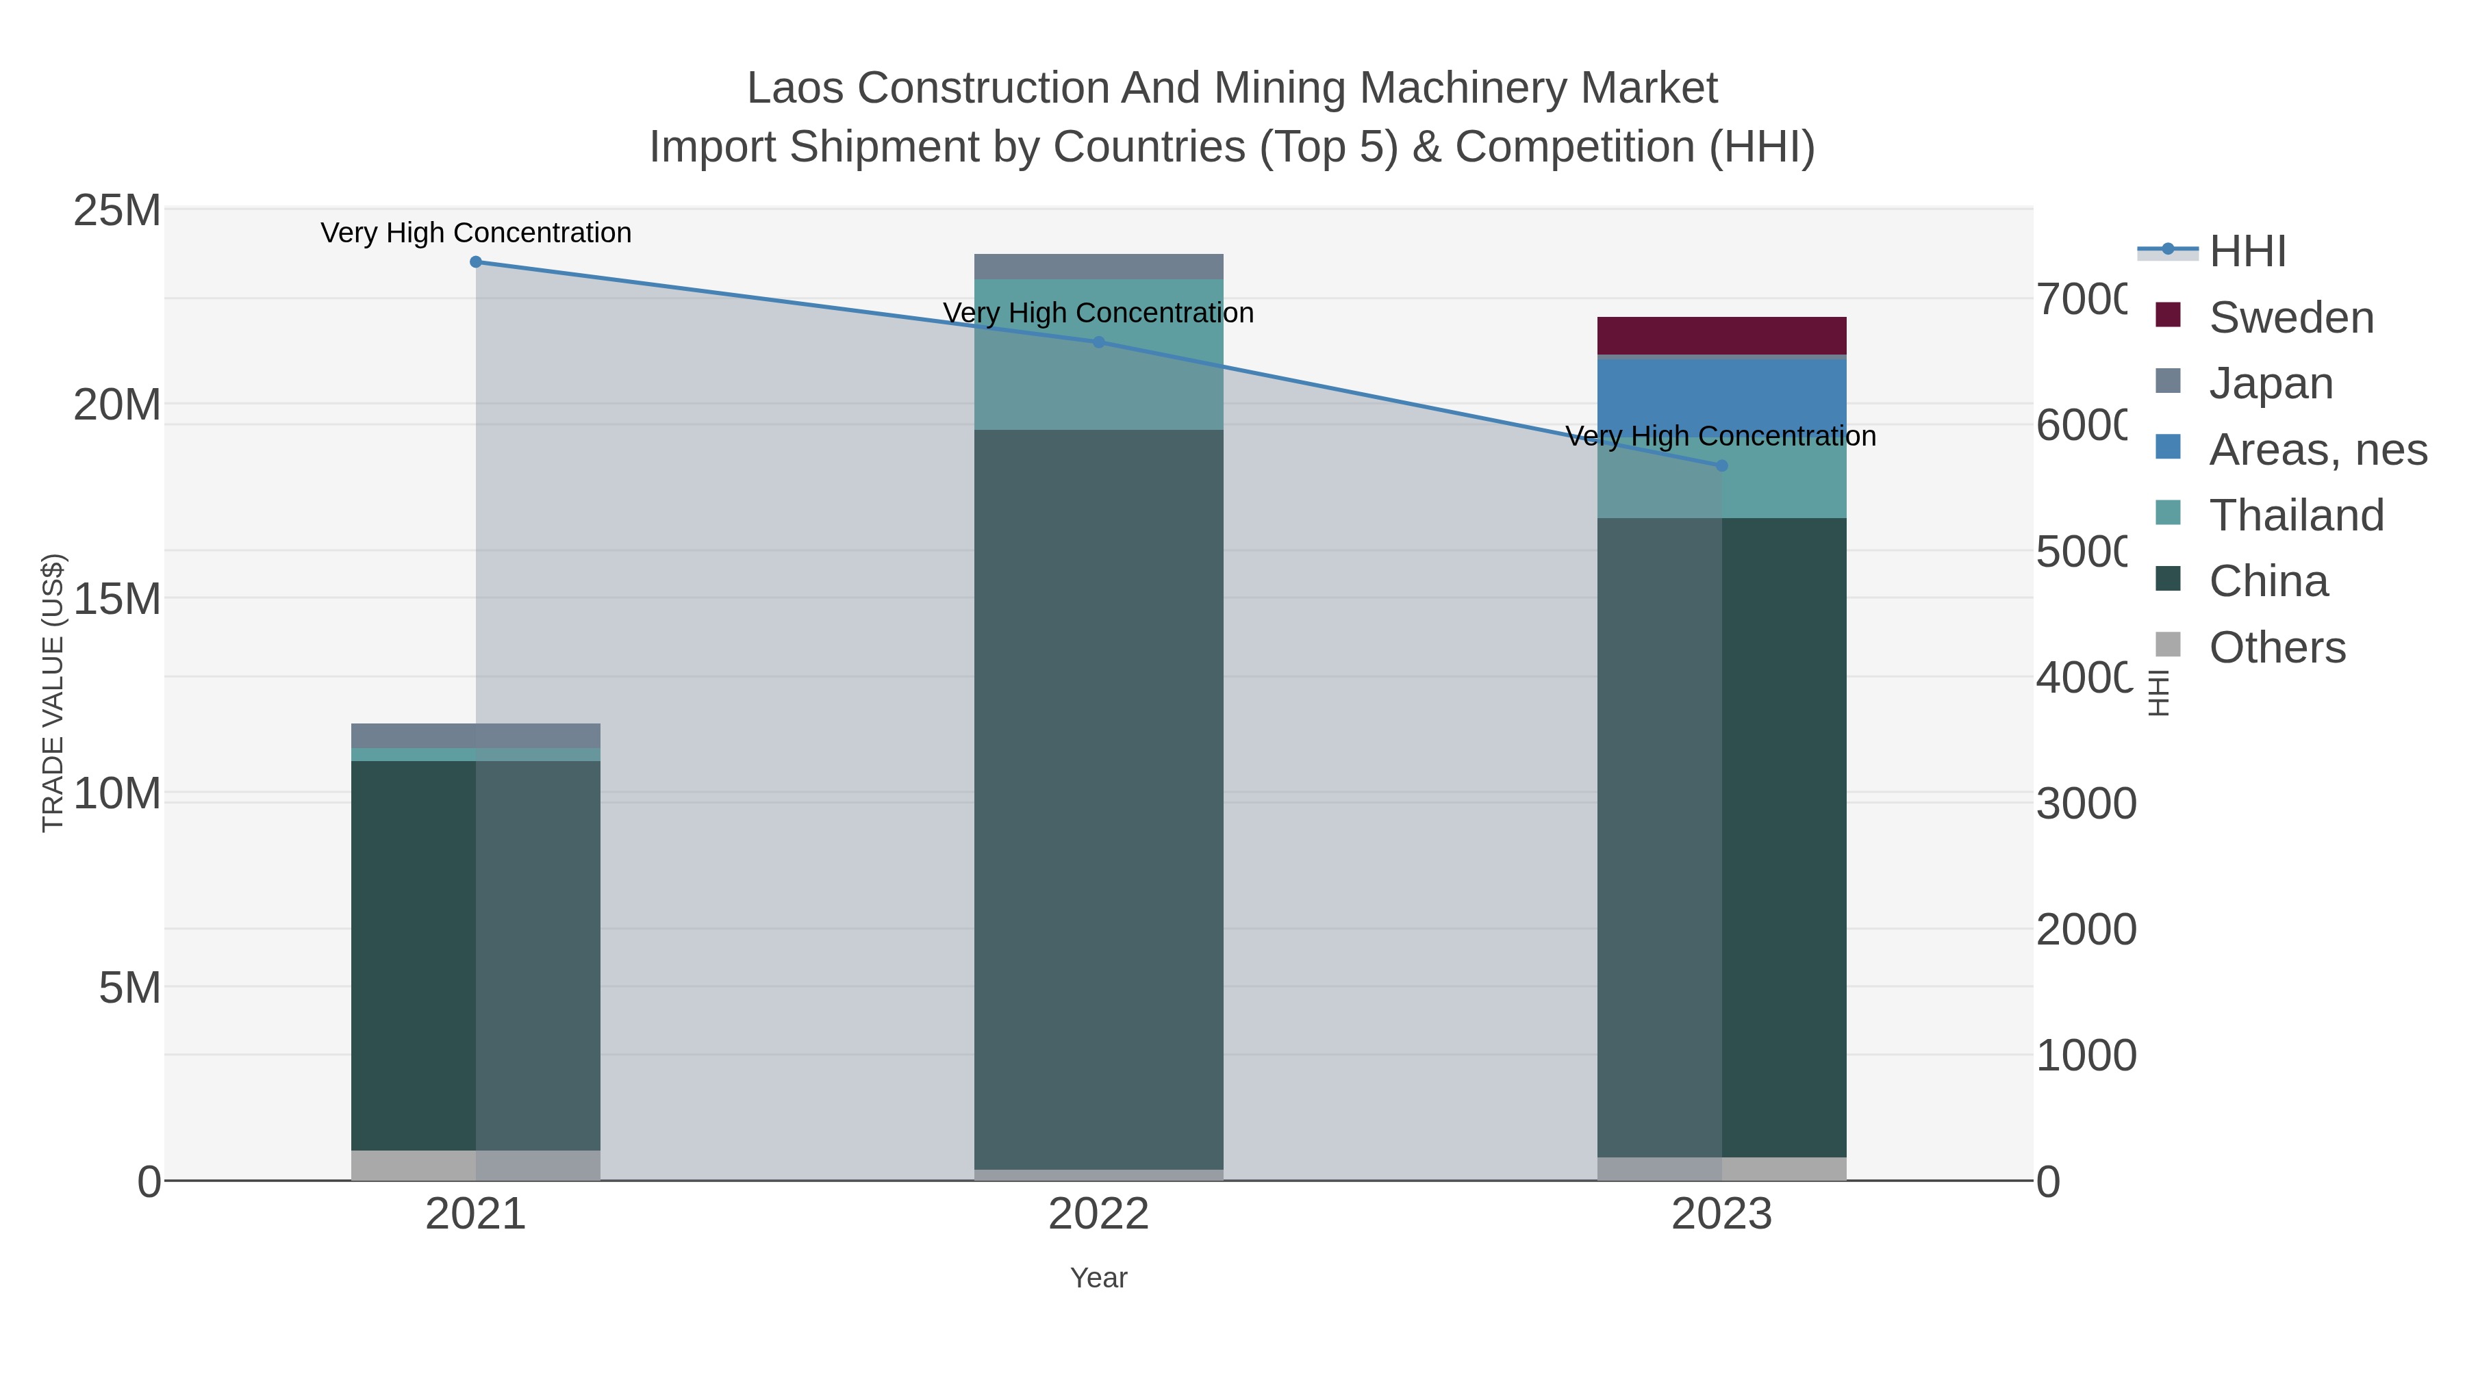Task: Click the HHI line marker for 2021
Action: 476,262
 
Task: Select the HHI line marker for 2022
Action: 1098,342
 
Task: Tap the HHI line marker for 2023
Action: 1721,466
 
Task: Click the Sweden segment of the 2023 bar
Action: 1721,336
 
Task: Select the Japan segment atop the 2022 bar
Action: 1098,267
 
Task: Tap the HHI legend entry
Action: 2246,252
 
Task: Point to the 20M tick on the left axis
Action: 116,406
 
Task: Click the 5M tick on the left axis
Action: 129,988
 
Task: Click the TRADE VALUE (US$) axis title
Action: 53,693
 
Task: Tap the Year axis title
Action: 1098,1278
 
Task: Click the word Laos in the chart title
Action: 794,89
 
